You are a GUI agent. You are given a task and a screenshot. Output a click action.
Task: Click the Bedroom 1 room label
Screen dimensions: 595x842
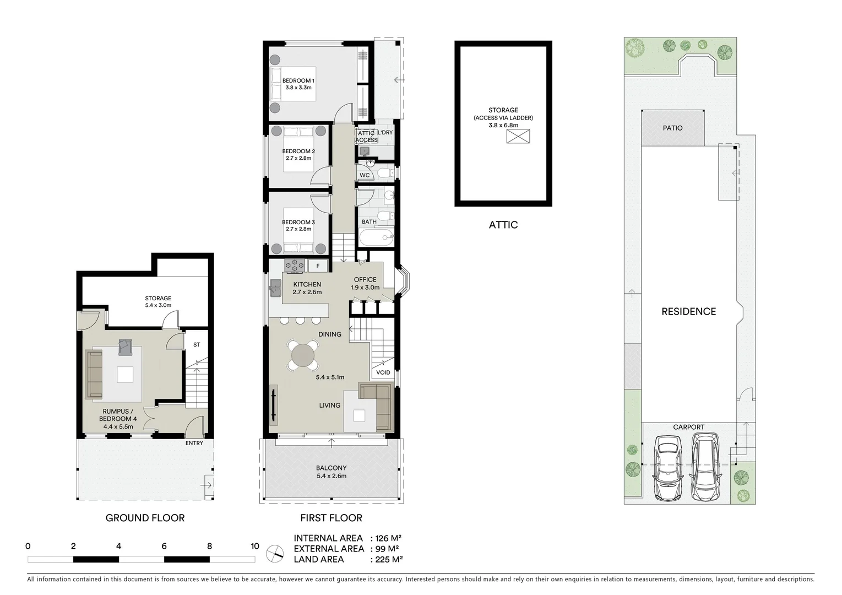[298, 81]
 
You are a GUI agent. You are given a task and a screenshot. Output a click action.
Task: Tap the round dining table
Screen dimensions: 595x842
[302, 355]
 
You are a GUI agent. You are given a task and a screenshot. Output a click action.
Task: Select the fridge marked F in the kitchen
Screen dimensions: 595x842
[318, 266]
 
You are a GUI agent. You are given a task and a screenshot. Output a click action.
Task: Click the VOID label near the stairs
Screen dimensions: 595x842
[383, 372]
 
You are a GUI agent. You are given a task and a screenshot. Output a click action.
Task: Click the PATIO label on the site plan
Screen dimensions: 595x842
[672, 128]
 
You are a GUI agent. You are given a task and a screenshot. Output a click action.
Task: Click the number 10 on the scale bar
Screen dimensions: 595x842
[254, 547]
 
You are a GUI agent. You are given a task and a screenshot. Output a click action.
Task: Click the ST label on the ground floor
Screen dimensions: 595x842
[197, 345]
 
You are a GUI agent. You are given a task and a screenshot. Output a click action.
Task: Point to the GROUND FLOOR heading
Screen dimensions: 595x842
[145, 518]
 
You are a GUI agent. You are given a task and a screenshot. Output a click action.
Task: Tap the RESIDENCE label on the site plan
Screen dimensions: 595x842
[688, 311]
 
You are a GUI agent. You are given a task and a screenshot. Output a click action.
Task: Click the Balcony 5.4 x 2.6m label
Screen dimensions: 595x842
[331, 472]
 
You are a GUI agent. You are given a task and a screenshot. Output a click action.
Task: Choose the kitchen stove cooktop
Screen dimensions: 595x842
[294, 266]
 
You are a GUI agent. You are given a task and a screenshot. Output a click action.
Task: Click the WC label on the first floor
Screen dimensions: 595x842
[365, 175]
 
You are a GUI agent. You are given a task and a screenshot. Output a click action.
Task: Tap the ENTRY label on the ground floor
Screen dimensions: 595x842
[194, 443]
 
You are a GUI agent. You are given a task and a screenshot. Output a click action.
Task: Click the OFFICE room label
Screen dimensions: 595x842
[365, 280]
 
